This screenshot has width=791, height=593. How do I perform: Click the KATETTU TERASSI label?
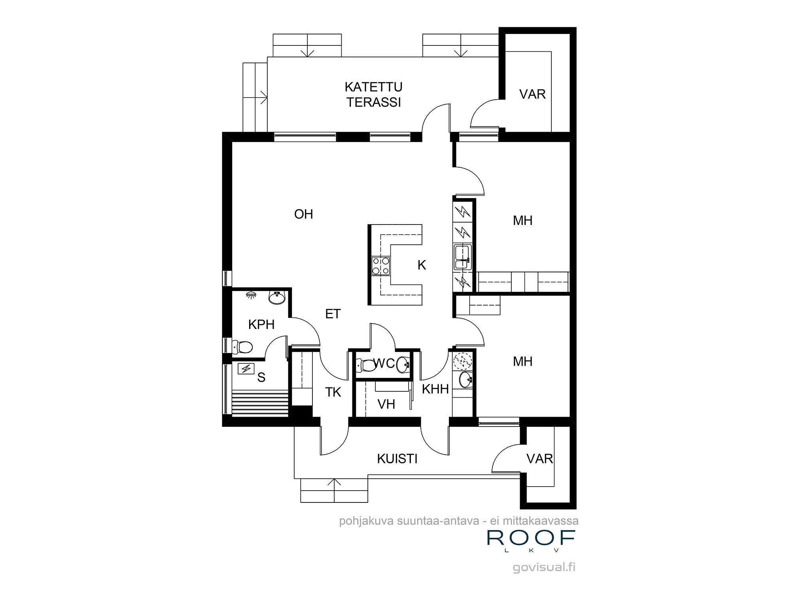[x=373, y=94]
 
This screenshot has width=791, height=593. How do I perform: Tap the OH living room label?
[x=303, y=214]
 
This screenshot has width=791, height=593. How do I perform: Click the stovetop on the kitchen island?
[x=381, y=265]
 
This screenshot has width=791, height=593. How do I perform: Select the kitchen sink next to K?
[x=462, y=257]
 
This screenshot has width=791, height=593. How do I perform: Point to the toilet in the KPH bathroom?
[x=243, y=347]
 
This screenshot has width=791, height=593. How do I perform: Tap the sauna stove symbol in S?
[x=246, y=369]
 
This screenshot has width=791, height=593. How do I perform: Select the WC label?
[x=384, y=363]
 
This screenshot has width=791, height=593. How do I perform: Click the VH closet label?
[x=386, y=404]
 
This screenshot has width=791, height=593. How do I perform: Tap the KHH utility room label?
[x=435, y=389]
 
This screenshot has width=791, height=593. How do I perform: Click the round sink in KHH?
[x=466, y=380]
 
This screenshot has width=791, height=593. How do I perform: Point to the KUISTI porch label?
[x=397, y=459]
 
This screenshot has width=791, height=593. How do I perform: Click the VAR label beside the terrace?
[x=532, y=94]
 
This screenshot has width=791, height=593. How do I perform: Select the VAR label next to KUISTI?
[x=539, y=459]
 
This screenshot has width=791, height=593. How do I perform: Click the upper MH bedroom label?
[x=522, y=221]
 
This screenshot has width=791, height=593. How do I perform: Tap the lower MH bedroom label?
[x=522, y=361]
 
